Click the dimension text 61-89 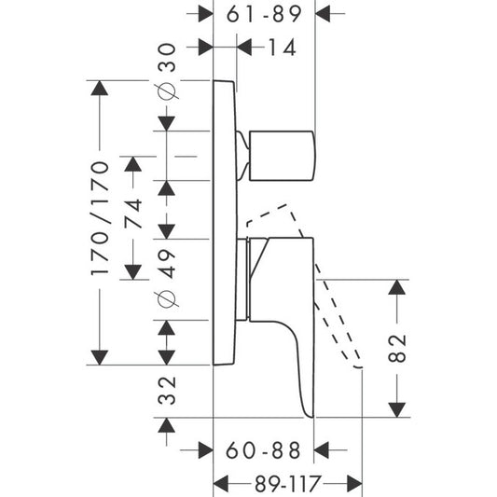click(x=264, y=14)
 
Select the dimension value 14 click(x=283, y=48)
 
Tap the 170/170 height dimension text click(x=100, y=219)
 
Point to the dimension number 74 click(x=132, y=214)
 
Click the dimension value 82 click(x=397, y=348)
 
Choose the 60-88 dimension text click(x=263, y=450)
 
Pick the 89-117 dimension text click(x=287, y=484)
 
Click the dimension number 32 click(x=167, y=391)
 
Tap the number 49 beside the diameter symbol click(x=167, y=264)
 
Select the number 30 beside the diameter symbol click(x=167, y=58)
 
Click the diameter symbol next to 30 click(x=167, y=91)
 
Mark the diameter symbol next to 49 click(x=167, y=299)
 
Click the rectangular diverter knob click(x=283, y=156)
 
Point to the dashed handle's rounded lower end click(x=358, y=367)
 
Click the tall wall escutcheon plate click(x=225, y=223)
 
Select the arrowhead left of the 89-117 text click(x=221, y=484)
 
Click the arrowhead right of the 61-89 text click(x=323, y=14)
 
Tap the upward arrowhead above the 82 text click(x=397, y=287)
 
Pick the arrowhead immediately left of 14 click(x=244, y=48)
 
